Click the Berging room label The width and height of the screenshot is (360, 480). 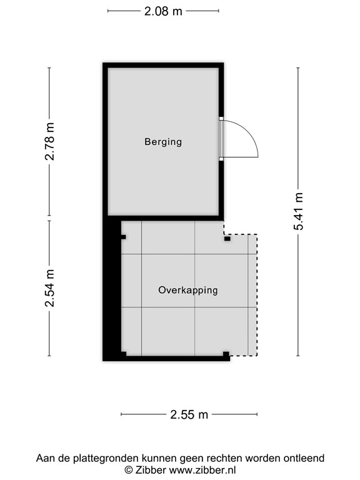pos(163,142)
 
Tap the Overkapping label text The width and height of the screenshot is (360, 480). pos(187,290)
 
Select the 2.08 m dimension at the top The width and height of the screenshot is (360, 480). pos(163,11)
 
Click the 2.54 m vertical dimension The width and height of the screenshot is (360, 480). pos(50,288)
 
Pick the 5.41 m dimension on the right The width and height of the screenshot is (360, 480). pos(299,211)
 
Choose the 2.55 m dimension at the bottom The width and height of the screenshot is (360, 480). pos(189,414)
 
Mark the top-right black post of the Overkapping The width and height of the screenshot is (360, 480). pos(227,237)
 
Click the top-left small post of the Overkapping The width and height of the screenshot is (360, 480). pos(124,237)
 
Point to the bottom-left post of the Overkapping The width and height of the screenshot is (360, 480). pos(123,354)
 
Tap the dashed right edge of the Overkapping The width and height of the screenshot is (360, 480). pos(256,294)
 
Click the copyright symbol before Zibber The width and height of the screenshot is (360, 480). pos(129,470)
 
